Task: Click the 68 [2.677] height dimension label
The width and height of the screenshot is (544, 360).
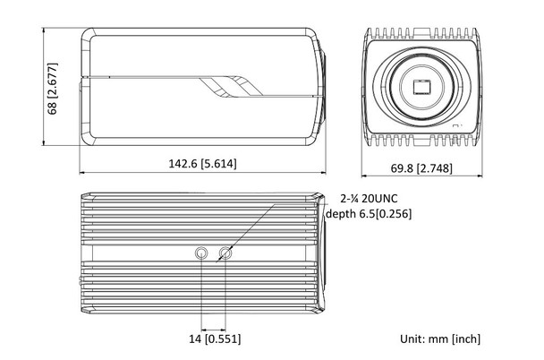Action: pos(53,89)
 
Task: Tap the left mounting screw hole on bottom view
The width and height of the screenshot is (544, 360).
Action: pos(202,254)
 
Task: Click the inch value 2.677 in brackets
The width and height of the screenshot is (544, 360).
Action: pos(53,78)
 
